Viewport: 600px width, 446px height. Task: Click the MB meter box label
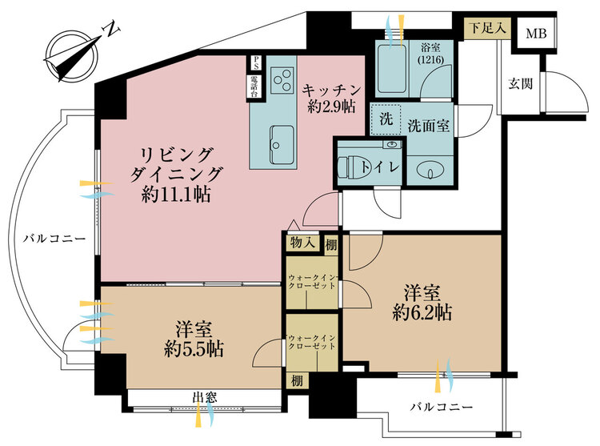tap(536, 34)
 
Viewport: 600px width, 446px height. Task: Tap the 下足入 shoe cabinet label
tap(487, 28)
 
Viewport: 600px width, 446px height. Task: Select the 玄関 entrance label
tap(521, 83)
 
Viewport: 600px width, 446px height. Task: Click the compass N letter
tap(112, 29)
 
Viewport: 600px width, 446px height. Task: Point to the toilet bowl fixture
tap(353, 167)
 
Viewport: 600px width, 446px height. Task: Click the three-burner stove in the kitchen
tap(282, 80)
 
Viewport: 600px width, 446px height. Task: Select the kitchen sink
tap(282, 143)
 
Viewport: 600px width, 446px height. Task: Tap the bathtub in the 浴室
tap(391, 69)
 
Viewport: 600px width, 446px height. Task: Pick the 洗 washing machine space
tap(386, 119)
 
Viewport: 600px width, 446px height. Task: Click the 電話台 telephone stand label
tap(254, 86)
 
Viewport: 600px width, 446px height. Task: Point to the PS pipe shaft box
tap(255, 63)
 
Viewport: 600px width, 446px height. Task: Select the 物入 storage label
tap(302, 243)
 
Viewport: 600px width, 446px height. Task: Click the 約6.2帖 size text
tap(422, 313)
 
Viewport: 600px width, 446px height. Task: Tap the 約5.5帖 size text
tap(194, 349)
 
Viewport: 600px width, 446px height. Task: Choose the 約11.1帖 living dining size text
tap(176, 195)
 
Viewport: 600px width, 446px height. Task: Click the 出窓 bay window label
tap(205, 398)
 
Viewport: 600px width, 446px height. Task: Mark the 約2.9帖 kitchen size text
tap(331, 106)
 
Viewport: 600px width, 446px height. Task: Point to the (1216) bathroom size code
tap(430, 60)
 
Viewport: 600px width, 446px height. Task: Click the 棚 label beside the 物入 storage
tap(330, 245)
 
